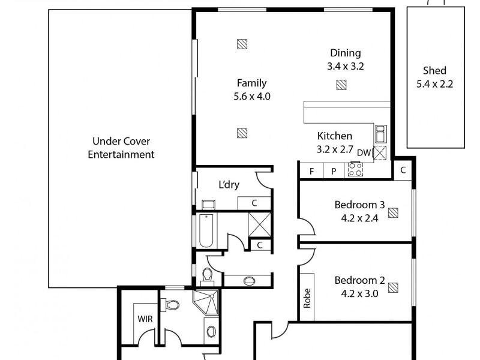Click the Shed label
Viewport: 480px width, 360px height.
pos(434,71)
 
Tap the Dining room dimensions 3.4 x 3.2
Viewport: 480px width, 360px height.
pos(345,67)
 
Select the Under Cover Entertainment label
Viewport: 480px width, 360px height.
pos(121,148)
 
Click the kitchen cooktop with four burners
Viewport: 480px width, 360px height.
pos(355,170)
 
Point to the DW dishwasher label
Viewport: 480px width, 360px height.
pos(364,152)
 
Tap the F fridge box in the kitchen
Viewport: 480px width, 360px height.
pos(311,171)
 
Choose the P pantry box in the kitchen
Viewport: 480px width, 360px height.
pos(333,171)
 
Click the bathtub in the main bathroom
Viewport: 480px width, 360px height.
pos(205,231)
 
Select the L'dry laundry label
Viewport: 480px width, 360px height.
pos(228,185)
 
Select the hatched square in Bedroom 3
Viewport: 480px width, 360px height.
pos(393,212)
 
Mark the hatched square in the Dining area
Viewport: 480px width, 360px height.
pos(341,85)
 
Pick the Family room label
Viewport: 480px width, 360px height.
pos(251,83)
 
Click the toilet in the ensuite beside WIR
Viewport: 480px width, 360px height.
pos(172,306)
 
